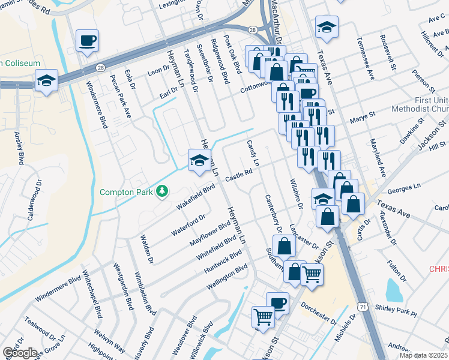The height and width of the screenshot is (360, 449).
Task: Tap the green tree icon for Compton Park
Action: [x=161, y=191]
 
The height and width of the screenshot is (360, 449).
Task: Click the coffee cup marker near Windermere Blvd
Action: [x=87, y=41]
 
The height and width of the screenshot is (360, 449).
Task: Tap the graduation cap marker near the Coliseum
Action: [x=46, y=80]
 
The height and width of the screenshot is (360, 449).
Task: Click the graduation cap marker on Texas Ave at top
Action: [x=327, y=27]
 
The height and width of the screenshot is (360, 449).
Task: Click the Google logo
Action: [x=20, y=353]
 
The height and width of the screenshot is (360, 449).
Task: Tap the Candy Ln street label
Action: [x=253, y=154]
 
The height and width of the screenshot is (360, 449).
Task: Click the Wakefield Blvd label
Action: [x=195, y=197]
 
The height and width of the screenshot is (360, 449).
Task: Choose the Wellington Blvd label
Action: [x=227, y=277]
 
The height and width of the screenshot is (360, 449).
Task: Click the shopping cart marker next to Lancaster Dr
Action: [x=312, y=274]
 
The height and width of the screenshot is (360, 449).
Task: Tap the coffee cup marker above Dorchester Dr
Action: [x=277, y=302]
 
